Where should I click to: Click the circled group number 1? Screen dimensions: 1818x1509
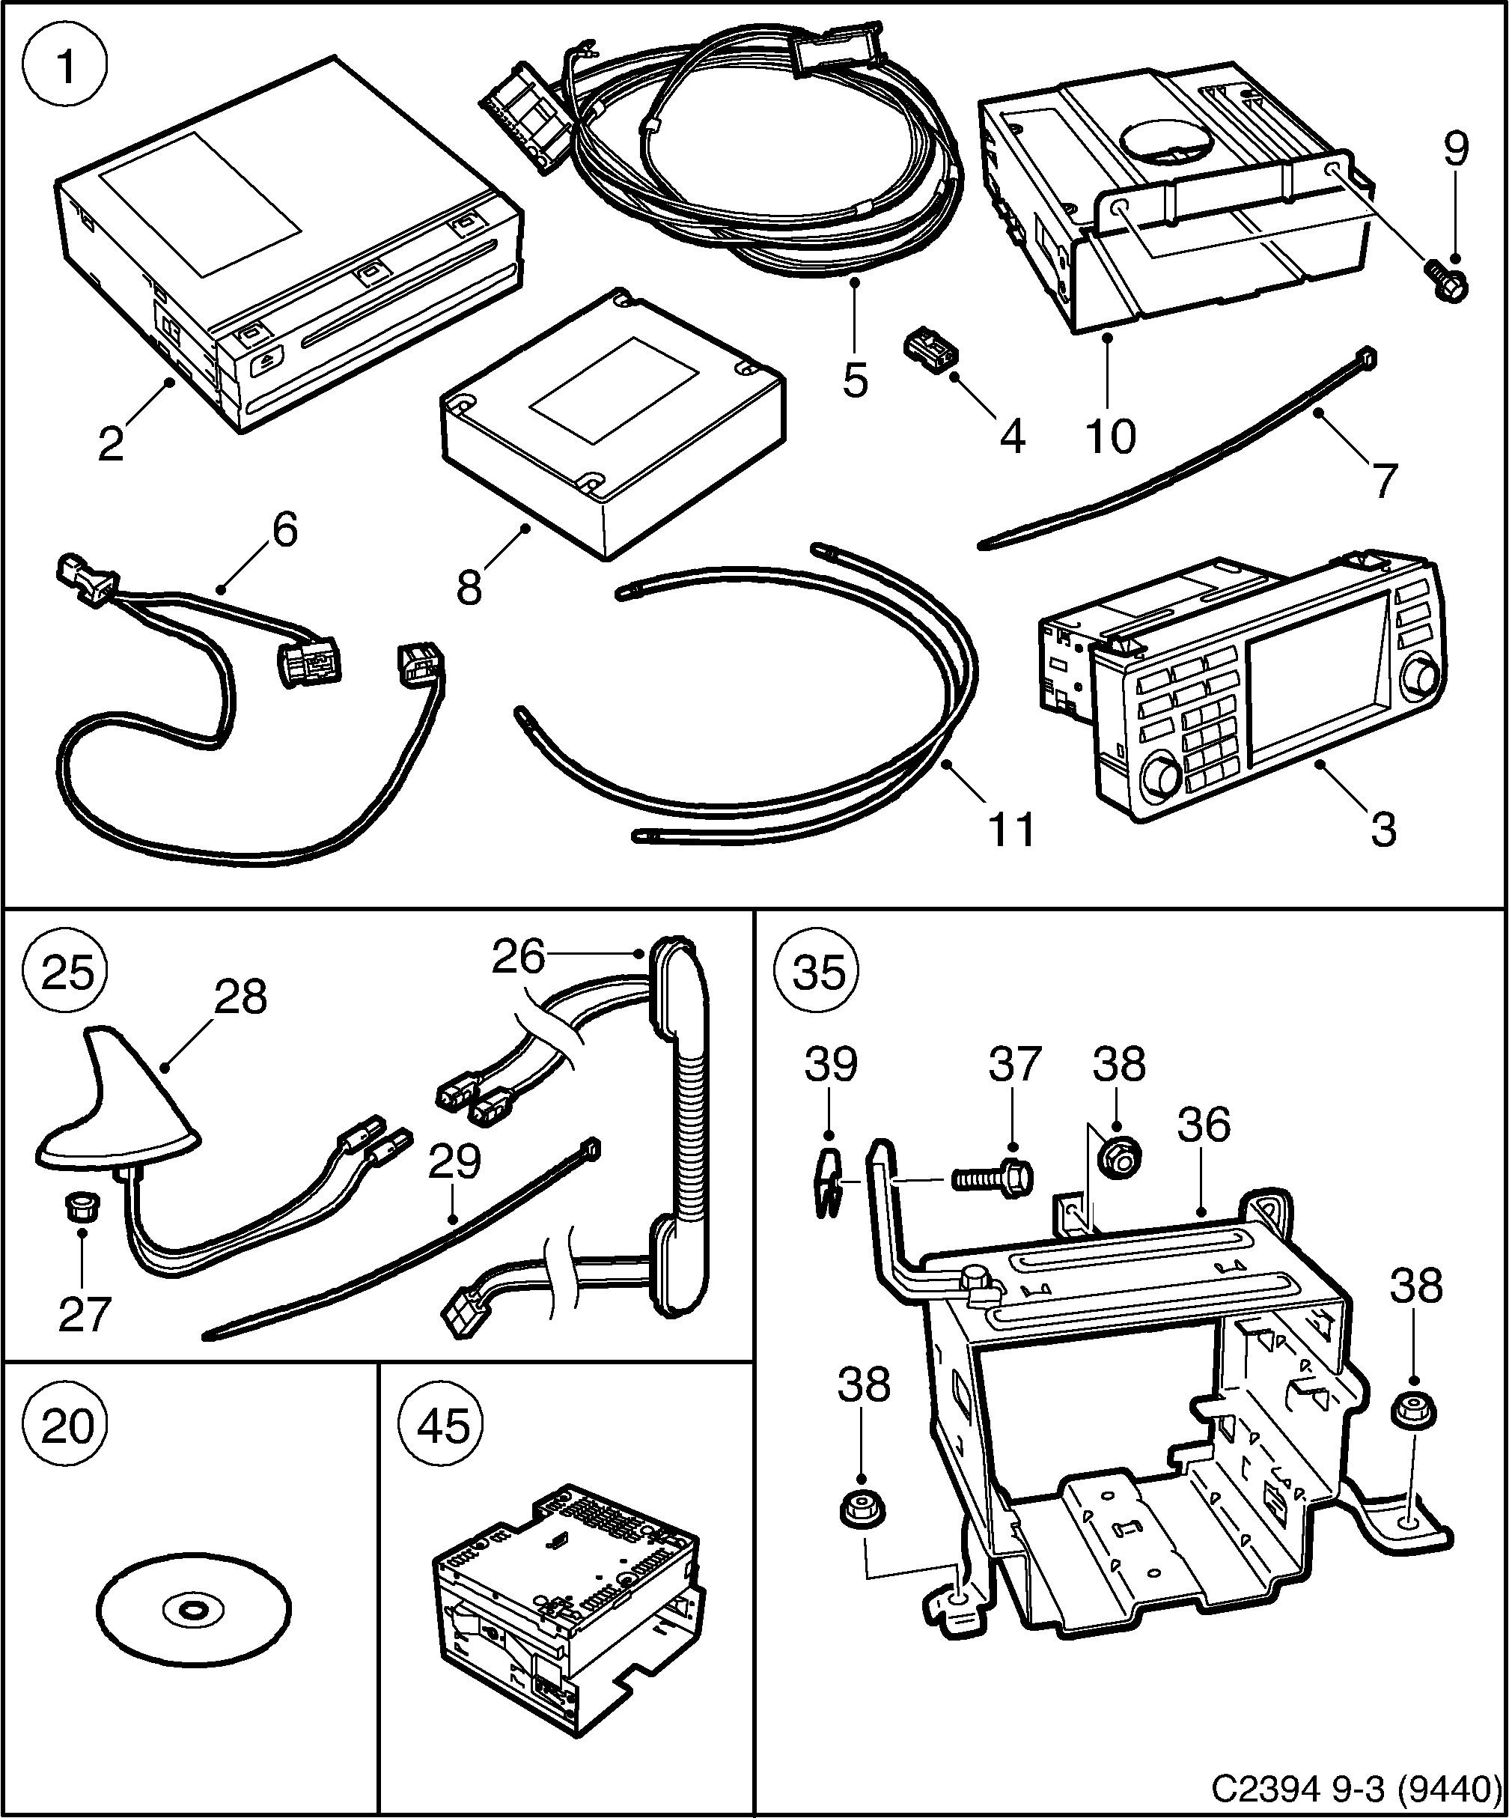pyautogui.click(x=65, y=67)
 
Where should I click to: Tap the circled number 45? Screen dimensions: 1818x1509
pyautogui.click(x=443, y=1425)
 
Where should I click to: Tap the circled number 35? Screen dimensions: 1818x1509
pyautogui.click(x=817, y=971)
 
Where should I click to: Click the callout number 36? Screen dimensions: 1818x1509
pyautogui.click(x=1204, y=1125)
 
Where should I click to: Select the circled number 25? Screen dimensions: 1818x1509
pyautogui.click(x=67, y=971)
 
